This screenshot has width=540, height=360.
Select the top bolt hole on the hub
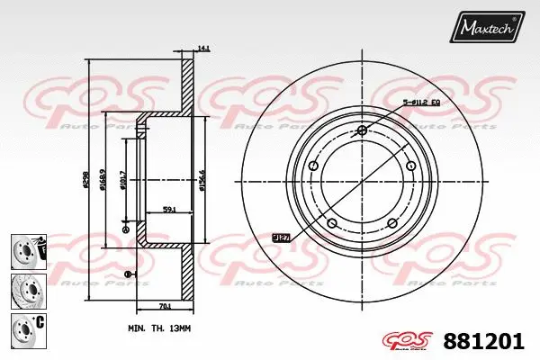coord(361,131)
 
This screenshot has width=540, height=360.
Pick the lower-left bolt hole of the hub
coord(331,222)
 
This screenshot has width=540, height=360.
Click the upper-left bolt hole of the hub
coord(313,166)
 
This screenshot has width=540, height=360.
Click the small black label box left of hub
coord(280,238)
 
